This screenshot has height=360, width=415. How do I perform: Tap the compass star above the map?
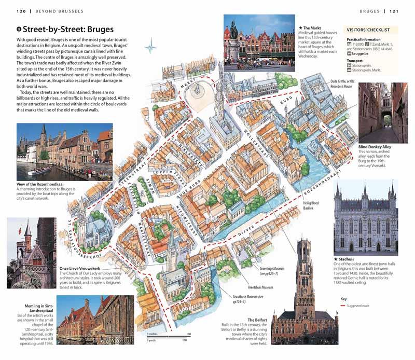(151, 47)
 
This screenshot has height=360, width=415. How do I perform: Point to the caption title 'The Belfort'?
(258, 320)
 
